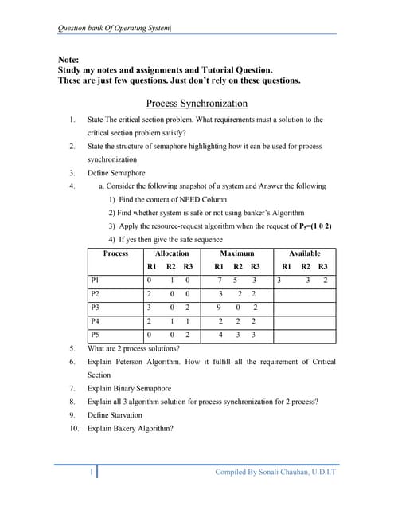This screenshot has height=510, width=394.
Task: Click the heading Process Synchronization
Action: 197,103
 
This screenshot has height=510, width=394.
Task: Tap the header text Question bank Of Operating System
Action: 115,29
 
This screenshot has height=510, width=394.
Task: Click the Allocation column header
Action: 171,253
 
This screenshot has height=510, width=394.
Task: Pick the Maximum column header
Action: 237,253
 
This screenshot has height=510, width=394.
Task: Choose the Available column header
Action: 305,253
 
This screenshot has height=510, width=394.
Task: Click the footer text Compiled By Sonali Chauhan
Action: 275,473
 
